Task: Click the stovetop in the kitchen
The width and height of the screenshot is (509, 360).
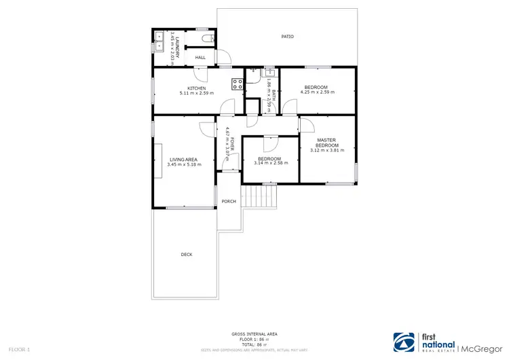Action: (x=238, y=84)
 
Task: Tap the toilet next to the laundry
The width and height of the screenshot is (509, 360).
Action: (x=213, y=39)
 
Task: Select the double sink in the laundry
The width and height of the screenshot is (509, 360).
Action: (x=158, y=41)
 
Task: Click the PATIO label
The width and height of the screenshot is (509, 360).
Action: (x=288, y=37)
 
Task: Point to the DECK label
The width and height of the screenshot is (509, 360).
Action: (x=186, y=255)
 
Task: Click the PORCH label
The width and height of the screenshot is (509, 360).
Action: (x=229, y=201)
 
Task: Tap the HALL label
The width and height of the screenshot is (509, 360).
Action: (x=200, y=58)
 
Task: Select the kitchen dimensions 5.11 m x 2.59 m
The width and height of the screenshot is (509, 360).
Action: (x=197, y=93)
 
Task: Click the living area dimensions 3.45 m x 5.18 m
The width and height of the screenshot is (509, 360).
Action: (x=184, y=164)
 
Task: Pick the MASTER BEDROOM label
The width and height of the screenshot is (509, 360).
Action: (x=326, y=143)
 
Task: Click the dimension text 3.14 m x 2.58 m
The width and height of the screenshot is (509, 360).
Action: (x=270, y=163)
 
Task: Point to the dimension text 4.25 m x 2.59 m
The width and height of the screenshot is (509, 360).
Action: (x=316, y=92)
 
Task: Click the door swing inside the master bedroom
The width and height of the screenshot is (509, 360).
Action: (x=305, y=125)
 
